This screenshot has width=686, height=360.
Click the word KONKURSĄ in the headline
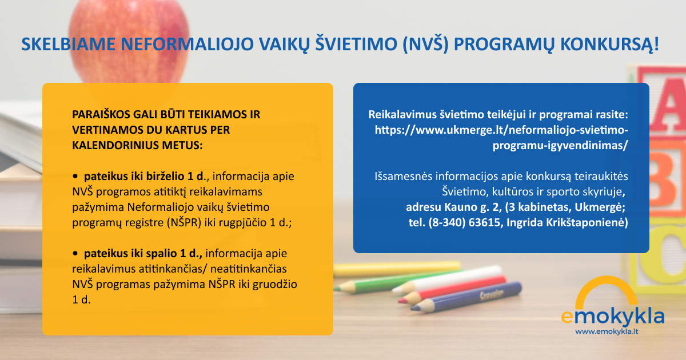(609, 45)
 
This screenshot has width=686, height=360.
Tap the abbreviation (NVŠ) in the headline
(425, 45)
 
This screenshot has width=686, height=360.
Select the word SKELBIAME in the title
(68, 44)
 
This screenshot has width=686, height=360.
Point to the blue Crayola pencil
(465, 297)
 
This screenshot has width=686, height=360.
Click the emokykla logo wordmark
(612, 317)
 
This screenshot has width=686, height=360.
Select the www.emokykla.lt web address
(607, 331)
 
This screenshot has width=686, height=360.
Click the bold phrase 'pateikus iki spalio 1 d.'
(143, 254)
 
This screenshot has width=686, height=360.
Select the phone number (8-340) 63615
(464, 222)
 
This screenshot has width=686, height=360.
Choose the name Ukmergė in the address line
(600, 207)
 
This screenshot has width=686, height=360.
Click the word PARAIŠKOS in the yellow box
(97, 114)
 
